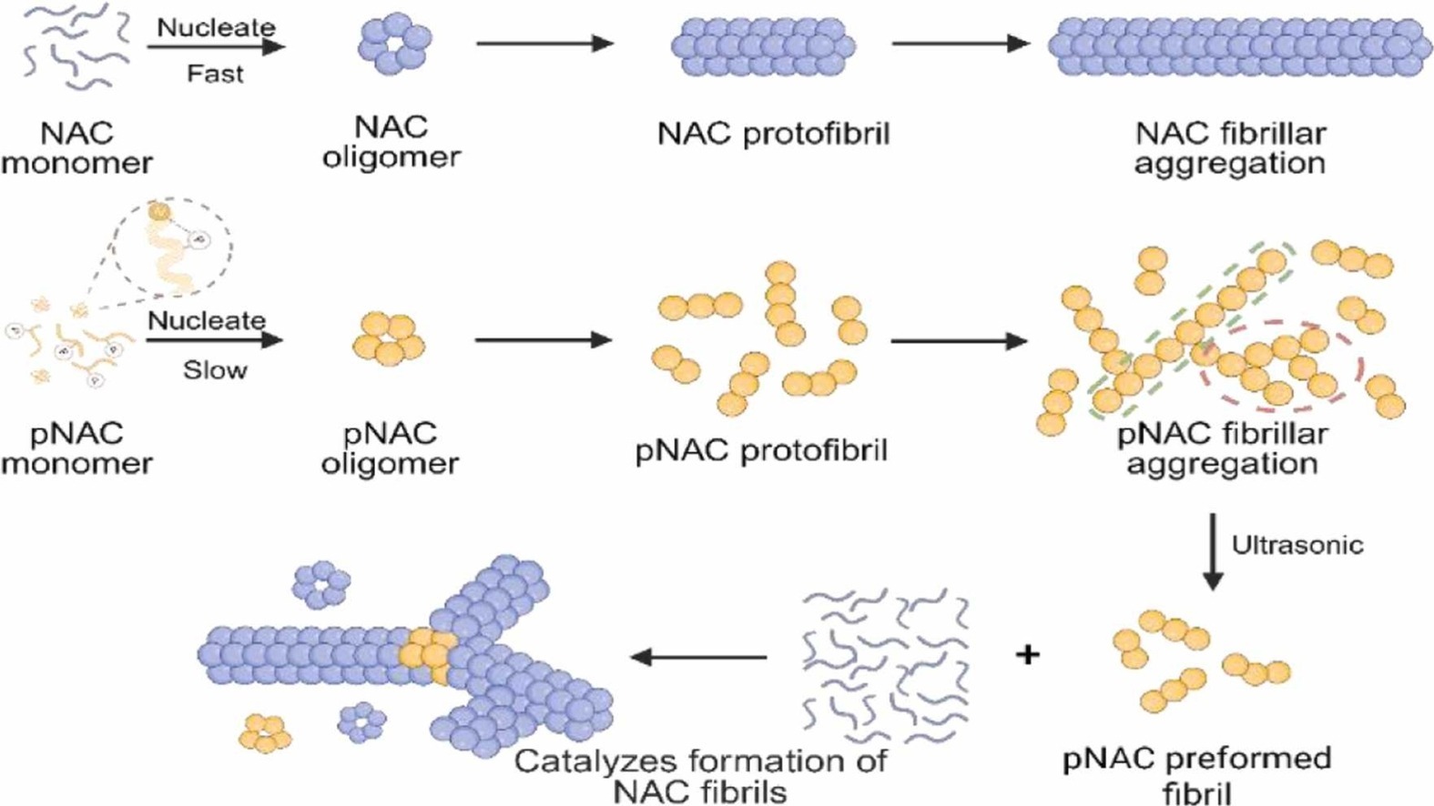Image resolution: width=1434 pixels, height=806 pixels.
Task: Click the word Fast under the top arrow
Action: tap(215, 75)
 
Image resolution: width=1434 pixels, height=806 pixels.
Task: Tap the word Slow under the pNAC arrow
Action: tap(215, 370)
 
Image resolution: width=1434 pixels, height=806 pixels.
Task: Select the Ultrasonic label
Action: tap(1297, 545)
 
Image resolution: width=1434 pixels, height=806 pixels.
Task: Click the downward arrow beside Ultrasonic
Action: tap(1213, 550)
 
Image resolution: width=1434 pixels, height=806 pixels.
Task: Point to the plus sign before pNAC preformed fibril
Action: tap(1028, 654)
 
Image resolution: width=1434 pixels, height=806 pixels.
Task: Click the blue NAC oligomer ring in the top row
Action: tap(392, 45)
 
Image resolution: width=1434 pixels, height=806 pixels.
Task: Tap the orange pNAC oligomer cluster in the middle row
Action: tap(390, 339)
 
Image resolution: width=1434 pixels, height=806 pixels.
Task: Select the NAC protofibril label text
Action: tap(774, 135)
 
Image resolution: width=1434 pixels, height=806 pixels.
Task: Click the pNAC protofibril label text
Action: tap(761, 449)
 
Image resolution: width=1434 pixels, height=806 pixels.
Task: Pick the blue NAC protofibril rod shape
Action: tap(763, 46)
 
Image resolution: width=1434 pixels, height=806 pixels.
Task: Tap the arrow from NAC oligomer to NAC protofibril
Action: tap(545, 44)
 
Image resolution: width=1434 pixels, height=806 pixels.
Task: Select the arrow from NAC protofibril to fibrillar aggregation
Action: tap(961, 44)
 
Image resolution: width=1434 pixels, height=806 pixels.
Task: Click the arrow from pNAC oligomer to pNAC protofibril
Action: tap(544, 339)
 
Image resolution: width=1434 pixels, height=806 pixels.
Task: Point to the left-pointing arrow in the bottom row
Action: tap(698, 657)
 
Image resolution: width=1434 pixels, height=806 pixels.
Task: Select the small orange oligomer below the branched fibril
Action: tap(265, 732)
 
